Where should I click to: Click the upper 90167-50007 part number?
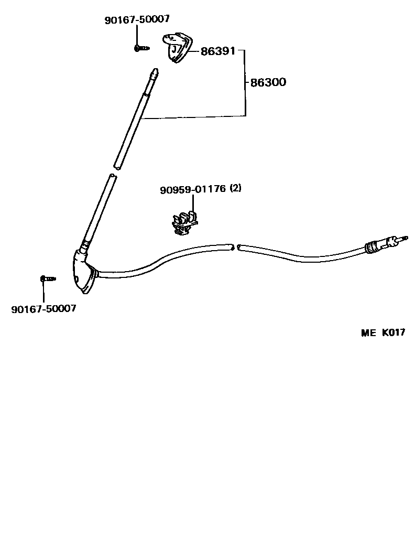(x=137, y=19)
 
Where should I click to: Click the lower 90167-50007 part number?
(x=43, y=308)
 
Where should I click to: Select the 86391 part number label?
(x=217, y=51)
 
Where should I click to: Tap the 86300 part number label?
(x=268, y=82)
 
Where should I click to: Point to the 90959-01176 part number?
(x=193, y=189)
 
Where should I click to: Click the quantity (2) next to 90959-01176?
(x=235, y=188)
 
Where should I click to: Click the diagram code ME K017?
(x=383, y=333)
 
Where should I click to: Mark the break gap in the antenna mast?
(x=115, y=171)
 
